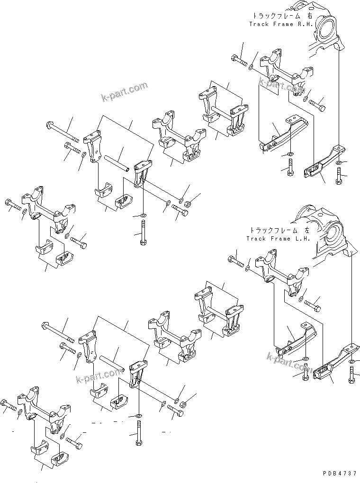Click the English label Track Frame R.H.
point(281,24)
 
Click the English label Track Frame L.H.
point(278,239)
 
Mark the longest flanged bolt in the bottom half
point(57,332)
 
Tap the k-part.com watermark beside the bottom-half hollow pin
point(99,376)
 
